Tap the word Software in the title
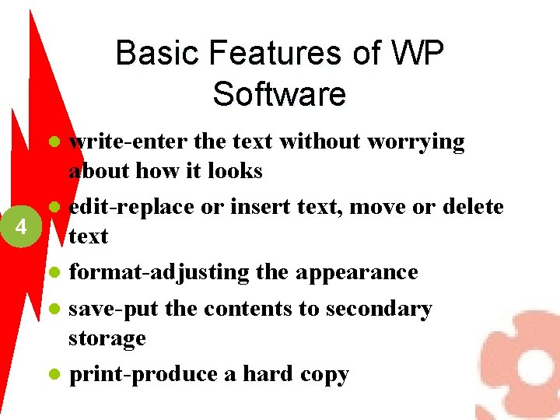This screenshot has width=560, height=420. (279, 94)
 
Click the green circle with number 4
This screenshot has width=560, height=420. (22, 228)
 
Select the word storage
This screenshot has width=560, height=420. (107, 338)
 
